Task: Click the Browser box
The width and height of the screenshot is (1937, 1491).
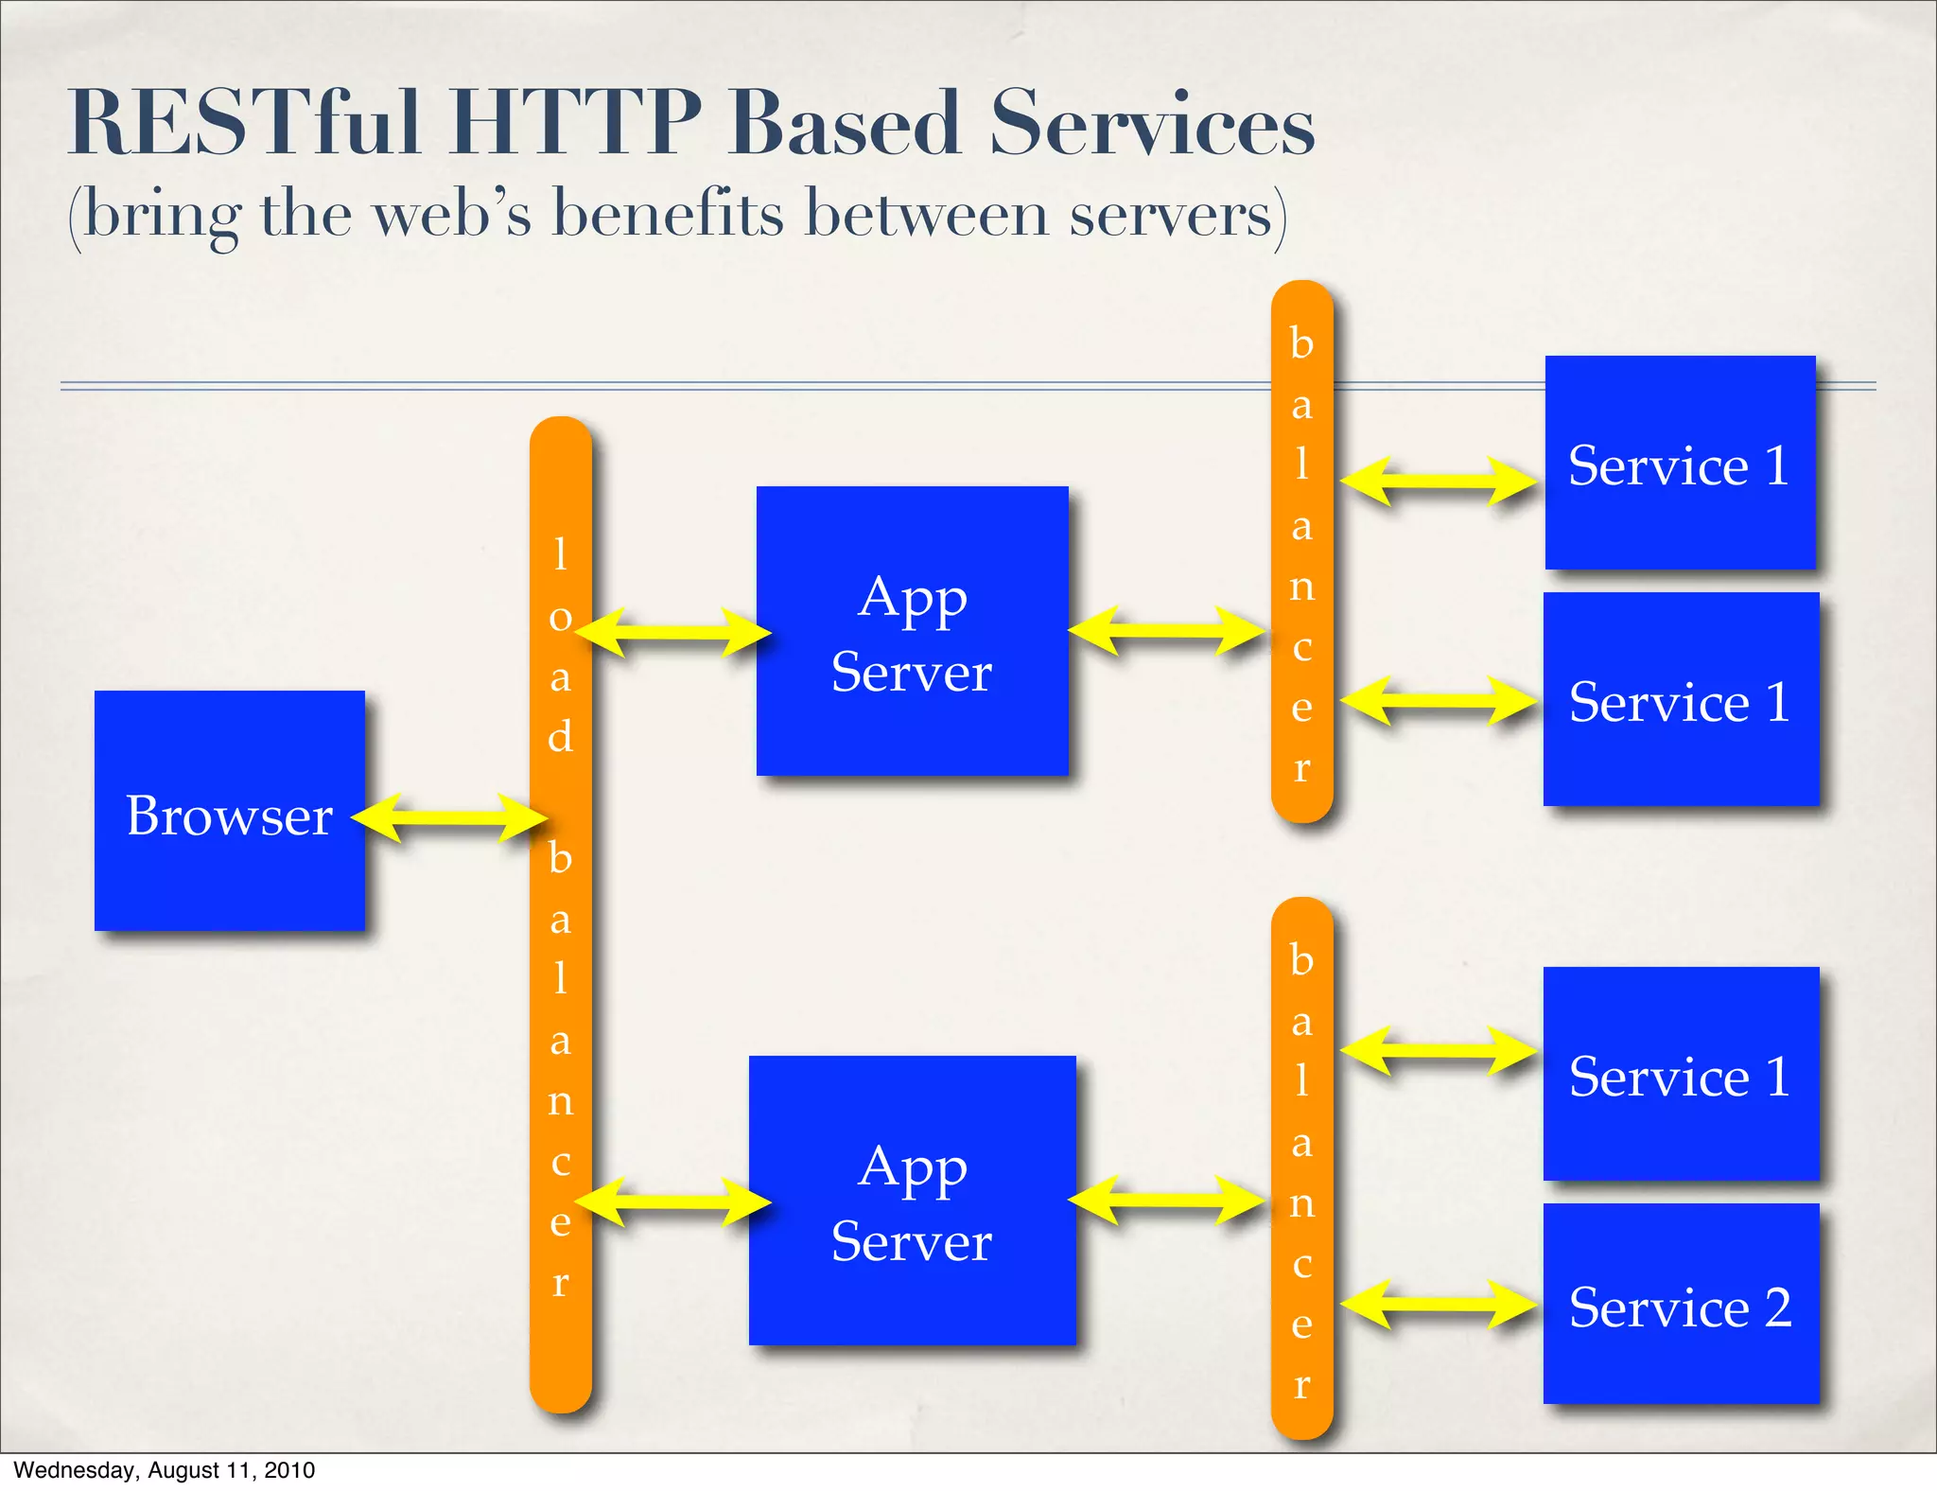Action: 229,812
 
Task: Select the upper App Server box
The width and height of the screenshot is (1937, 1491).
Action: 912,632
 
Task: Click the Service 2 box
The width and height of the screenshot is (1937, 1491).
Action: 1681,1304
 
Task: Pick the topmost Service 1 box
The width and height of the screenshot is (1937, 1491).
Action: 1680,463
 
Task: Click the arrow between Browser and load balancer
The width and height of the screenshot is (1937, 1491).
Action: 450,817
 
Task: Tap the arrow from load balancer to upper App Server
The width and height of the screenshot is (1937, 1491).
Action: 673,632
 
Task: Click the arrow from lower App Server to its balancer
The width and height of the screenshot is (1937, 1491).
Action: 1167,1201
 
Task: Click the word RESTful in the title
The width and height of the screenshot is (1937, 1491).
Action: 244,123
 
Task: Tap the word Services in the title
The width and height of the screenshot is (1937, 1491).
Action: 1152,123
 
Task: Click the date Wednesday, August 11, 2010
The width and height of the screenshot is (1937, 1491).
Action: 165,1470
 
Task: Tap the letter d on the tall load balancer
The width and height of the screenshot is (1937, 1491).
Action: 561,735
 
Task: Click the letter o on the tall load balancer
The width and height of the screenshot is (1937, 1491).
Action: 561,618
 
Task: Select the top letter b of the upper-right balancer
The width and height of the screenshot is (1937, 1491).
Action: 1302,342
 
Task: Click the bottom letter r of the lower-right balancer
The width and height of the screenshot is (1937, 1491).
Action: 1302,1384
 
